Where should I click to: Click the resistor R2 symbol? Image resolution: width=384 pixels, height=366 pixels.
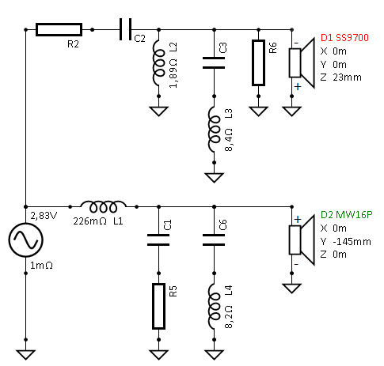(x=59, y=30)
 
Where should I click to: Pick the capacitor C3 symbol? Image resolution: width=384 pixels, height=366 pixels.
(x=211, y=62)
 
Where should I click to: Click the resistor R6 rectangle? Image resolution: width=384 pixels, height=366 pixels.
(x=258, y=62)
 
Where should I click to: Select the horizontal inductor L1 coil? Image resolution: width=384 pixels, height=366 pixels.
(x=105, y=206)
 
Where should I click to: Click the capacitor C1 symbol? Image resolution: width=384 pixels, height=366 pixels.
(x=160, y=240)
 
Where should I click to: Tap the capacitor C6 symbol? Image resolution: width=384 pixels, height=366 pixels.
(x=211, y=240)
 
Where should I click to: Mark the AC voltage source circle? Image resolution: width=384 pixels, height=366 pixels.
(x=25, y=240)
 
